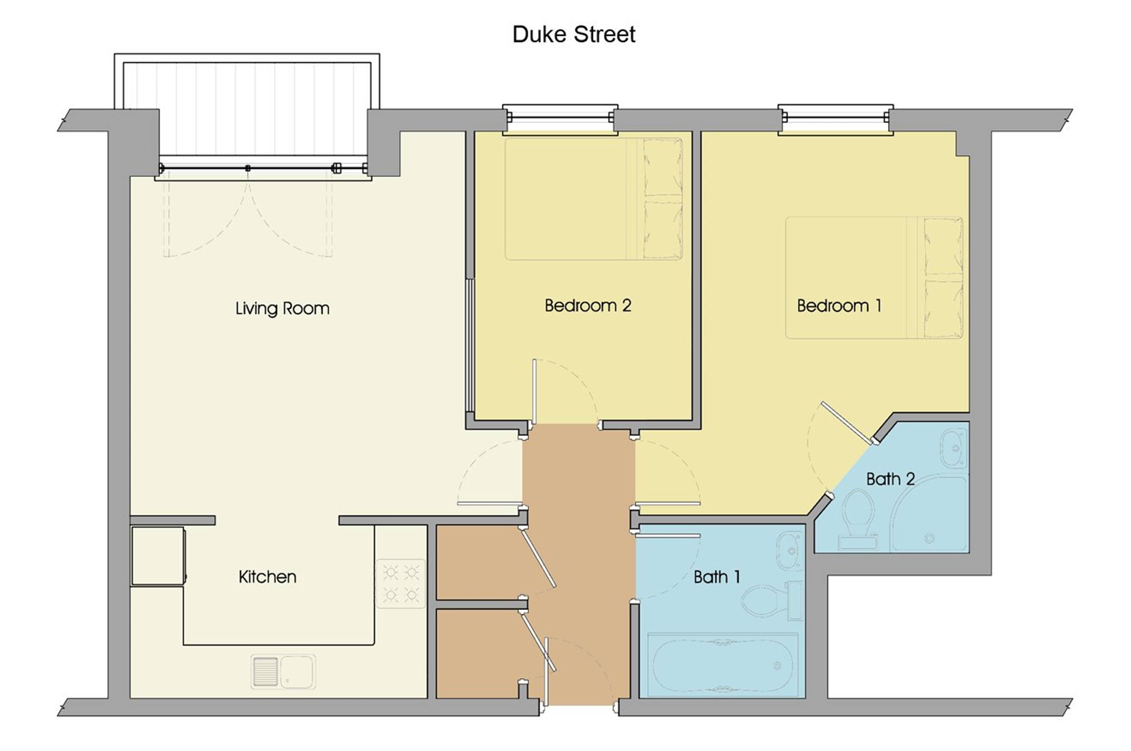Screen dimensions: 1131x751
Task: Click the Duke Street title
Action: [x=574, y=34]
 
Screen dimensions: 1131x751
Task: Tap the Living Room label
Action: [x=282, y=308]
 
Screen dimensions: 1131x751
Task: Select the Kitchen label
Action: [x=267, y=577]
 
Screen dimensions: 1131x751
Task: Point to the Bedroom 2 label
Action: [x=588, y=305]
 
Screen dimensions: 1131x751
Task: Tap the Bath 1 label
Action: [x=717, y=577]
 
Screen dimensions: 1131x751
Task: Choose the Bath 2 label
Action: [x=890, y=479]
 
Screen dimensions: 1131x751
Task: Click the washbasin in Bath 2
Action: [x=954, y=448]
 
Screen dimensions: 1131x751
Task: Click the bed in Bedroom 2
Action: [x=593, y=199]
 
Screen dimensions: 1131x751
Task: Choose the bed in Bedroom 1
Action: [x=874, y=278]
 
